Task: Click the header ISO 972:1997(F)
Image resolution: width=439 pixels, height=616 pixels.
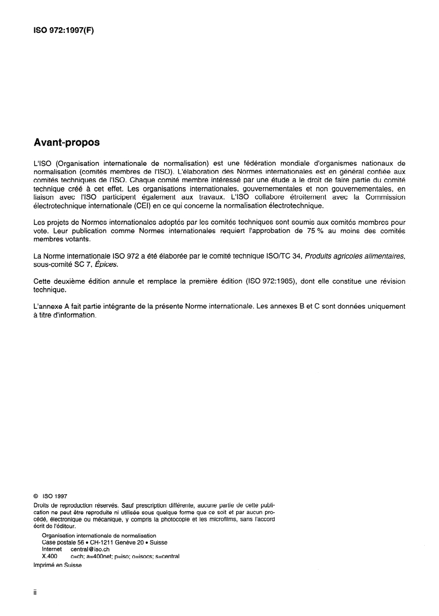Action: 63,31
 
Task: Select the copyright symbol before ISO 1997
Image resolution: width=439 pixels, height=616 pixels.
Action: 36,497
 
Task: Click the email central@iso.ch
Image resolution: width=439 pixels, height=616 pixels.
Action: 90,549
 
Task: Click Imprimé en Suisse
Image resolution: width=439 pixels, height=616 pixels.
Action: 57,566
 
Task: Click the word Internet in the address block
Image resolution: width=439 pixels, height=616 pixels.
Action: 53,549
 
